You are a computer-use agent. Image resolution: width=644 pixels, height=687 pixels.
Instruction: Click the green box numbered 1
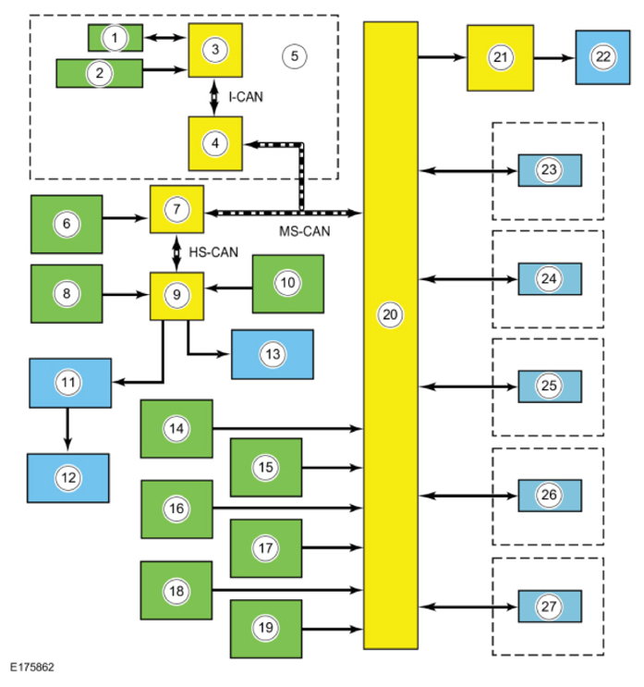[x=115, y=38]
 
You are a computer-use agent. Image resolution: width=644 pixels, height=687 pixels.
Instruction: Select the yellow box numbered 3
[x=215, y=50]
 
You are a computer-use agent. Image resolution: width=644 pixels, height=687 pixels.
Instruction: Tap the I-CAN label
[x=246, y=97]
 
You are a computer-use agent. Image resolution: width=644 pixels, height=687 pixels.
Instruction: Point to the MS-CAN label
[x=305, y=231]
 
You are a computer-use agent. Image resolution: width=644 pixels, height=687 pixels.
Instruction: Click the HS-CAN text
[x=213, y=252]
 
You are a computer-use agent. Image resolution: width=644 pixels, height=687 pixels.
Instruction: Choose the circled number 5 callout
[x=294, y=56]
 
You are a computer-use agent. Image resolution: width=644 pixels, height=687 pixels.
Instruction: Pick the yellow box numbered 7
[x=176, y=209]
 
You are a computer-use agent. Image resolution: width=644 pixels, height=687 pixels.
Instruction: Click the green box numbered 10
[x=288, y=284]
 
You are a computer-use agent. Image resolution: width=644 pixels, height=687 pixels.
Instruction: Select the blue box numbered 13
[x=273, y=354]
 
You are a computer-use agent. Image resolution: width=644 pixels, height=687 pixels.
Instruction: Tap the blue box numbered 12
[x=68, y=478]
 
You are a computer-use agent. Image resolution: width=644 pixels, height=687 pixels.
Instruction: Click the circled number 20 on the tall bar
[x=390, y=314]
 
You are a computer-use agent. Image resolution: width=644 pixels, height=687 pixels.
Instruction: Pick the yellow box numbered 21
[x=501, y=58]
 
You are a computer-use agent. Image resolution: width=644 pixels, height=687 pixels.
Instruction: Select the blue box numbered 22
[x=602, y=57]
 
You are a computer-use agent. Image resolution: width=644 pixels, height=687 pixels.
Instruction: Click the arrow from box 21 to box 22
[x=553, y=57]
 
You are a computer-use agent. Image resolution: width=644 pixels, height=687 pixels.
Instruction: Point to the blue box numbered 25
[x=550, y=386]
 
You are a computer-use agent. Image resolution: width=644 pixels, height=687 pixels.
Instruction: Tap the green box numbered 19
[x=266, y=629]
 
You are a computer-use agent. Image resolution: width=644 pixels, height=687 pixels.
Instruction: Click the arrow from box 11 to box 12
[x=67, y=429]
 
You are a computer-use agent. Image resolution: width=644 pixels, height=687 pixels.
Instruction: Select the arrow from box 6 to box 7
[x=126, y=218]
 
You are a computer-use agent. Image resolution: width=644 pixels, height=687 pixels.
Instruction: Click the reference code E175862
[x=32, y=668]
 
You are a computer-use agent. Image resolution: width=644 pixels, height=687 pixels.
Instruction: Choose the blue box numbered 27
[x=550, y=607]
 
